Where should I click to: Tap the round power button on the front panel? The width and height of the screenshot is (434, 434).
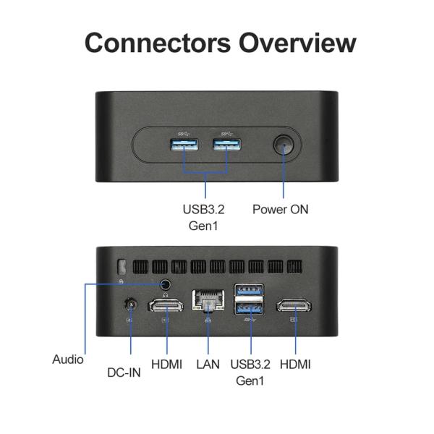pos(283,146)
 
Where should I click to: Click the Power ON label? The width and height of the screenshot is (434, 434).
pos(280,210)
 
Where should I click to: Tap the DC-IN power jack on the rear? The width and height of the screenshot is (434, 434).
pos(131,306)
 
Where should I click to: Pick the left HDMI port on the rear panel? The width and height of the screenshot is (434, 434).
pos(166,305)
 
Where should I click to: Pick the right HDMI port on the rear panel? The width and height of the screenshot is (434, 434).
pos(295,305)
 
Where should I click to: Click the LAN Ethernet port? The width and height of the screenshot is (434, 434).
pos(208,300)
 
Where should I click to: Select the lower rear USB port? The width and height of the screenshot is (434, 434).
pos(250,307)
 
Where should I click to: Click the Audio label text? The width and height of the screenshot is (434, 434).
pos(68,359)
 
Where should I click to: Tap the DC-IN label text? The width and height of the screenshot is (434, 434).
pos(124,373)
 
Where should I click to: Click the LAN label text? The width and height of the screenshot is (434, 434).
pos(208,365)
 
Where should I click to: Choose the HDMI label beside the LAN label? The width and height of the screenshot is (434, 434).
pos(166,365)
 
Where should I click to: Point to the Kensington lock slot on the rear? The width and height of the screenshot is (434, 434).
pos(122,267)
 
